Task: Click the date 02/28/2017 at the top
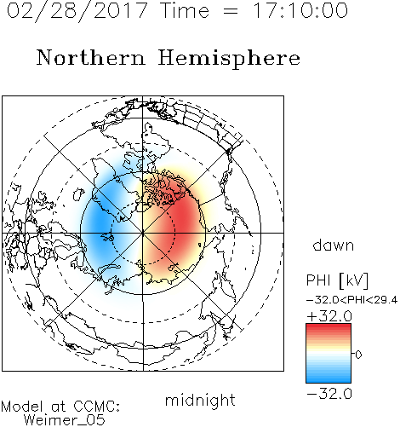[77, 11]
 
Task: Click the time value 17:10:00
[300, 10]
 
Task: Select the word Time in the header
[185, 10]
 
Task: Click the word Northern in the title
[90, 58]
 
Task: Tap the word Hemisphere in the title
[229, 59]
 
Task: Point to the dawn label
[334, 245]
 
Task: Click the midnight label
[200, 400]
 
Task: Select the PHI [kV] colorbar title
[337, 280]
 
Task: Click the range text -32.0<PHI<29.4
[352, 300]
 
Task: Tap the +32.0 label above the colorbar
[329, 316]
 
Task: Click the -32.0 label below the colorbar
[329, 394]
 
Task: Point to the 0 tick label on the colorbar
[358, 355]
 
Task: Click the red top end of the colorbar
[329, 326]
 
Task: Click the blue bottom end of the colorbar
[329, 380]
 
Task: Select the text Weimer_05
[65, 420]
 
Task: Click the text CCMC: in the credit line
[97, 407]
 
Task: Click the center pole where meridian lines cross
[143, 233]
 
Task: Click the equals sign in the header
[231, 11]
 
